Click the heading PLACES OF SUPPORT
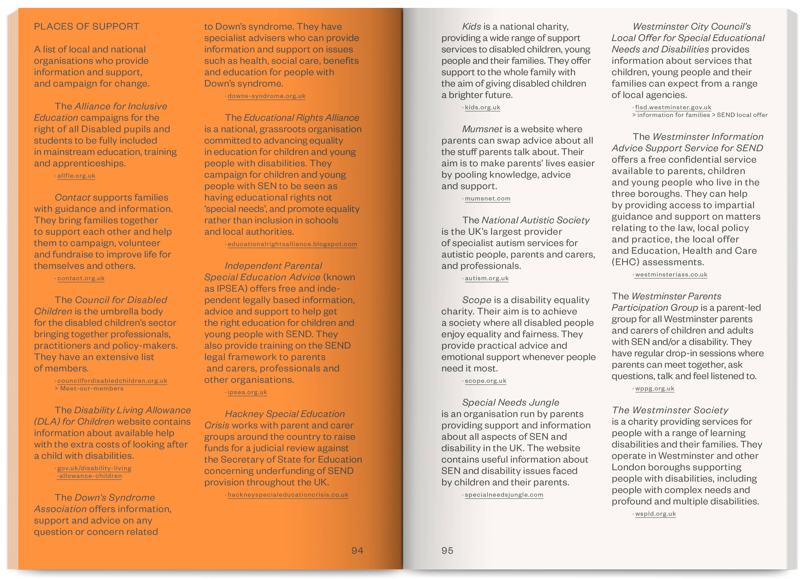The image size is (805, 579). (87, 27)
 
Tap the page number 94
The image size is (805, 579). (357, 550)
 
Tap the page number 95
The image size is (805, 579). (447, 550)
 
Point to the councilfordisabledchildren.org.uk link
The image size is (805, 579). (112, 381)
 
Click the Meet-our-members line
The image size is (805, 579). (92, 388)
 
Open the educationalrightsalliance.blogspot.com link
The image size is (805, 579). (292, 244)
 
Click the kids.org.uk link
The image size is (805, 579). (482, 107)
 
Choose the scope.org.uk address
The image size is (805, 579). (485, 381)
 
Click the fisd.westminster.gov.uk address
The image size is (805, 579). (673, 107)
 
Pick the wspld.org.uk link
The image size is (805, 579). (655, 514)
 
